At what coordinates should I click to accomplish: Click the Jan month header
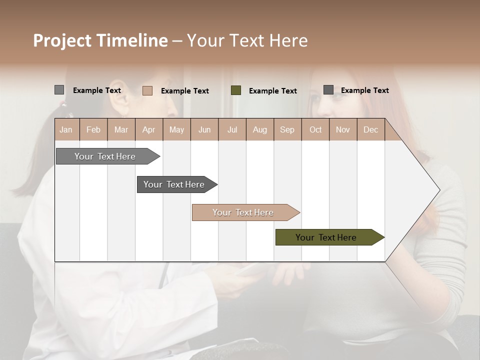click(x=66, y=129)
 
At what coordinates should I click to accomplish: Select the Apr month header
click(x=149, y=129)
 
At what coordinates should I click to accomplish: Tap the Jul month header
click(x=232, y=129)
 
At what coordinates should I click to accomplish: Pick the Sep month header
click(x=287, y=129)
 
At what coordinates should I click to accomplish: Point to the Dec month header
click(x=371, y=129)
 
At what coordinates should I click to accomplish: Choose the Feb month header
click(x=93, y=129)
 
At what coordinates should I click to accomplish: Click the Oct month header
click(x=315, y=129)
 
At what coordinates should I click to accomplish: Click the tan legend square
click(x=147, y=90)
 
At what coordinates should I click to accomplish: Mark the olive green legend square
click(x=236, y=90)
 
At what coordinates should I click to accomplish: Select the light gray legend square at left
click(x=59, y=90)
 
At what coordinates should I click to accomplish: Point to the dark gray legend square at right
click(x=328, y=90)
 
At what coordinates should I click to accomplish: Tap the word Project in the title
click(x=62, y=40)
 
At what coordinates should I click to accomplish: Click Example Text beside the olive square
click(x=273, y=91)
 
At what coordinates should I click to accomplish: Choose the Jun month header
click(x=204, y=129)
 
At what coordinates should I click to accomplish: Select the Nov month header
click(x=343, y=129)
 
